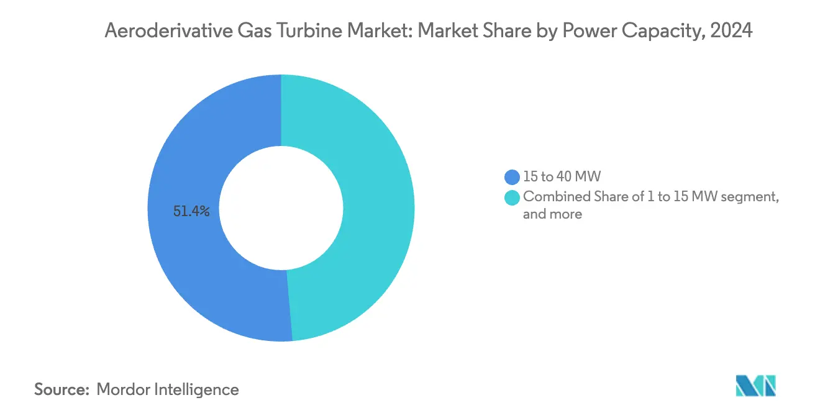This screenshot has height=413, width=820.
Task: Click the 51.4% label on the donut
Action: tap(192, 212)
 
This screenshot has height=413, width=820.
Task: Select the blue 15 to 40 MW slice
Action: tap(186, 261)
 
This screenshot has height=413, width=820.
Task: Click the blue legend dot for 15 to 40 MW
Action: tap(512, 177)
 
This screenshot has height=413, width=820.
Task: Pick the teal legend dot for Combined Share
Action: tap(512, 197)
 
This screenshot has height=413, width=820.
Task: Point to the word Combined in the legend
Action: tap(550, 197)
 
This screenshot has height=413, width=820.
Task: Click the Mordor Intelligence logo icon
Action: tap(755, 386)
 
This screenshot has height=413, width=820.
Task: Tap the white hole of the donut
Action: tap(281, 208)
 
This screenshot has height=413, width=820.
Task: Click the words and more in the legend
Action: tap(553, 214)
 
